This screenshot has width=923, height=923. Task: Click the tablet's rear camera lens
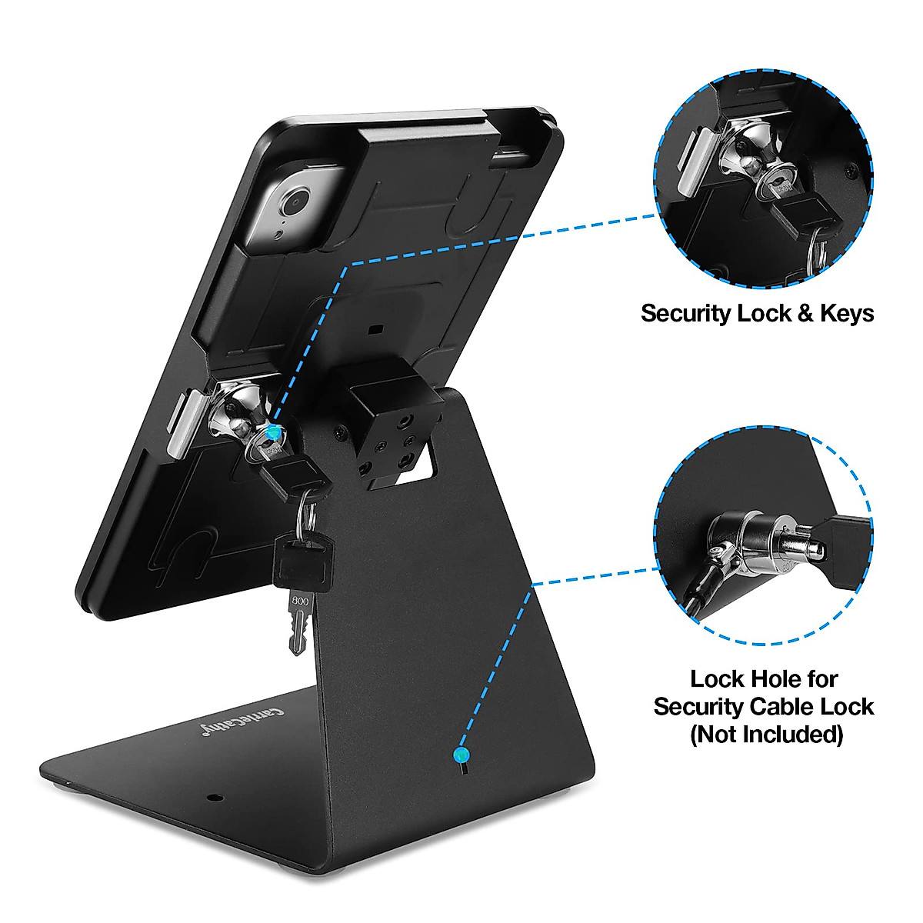click(x=293, y=204)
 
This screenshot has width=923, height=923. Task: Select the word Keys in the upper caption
click(x=846, y=314)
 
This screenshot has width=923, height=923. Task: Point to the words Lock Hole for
click(x=763, y=679)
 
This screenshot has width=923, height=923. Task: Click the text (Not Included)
click(x=765, y=734)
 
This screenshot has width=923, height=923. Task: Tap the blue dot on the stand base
click(x=461, y=754)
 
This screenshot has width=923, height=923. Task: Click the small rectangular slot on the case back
click(x=375, y=329)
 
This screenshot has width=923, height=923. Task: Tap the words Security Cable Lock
click(x=763, y=707)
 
